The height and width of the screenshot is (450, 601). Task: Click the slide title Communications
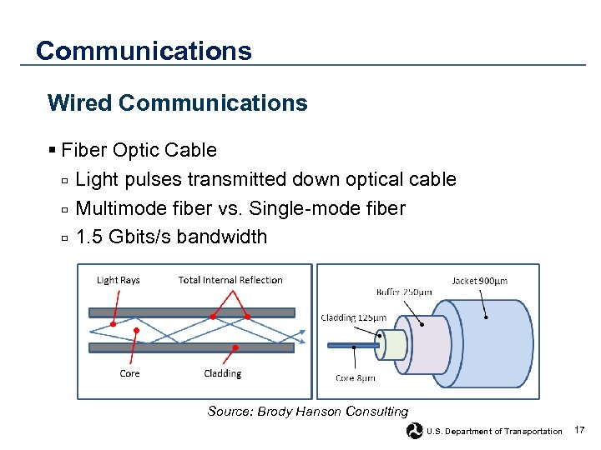144,51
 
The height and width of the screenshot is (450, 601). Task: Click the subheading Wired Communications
178,103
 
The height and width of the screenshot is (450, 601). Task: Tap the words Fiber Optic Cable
139,150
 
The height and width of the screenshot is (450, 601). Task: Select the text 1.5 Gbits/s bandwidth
171,237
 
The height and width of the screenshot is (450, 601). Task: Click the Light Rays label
119,280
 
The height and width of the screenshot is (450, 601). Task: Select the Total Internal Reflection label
230,280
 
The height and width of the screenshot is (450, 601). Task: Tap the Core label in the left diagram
129,373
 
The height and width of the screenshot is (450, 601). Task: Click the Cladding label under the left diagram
222,373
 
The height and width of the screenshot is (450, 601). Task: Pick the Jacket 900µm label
479,281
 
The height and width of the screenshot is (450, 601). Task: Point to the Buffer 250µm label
404,292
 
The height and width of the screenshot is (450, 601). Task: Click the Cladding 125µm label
353,317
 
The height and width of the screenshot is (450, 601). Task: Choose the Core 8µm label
355,377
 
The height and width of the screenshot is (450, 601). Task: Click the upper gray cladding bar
191,313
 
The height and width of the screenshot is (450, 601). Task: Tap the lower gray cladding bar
191,347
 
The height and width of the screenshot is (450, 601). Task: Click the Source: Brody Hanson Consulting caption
307,412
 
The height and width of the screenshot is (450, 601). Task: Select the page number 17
580,430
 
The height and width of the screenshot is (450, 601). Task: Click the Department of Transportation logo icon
414,431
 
